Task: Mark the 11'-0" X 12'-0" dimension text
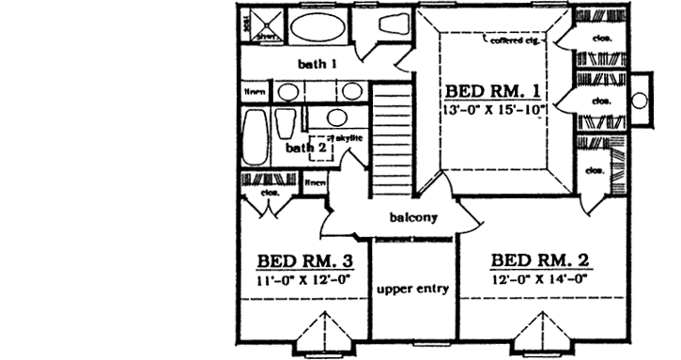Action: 302,278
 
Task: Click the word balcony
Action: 411,219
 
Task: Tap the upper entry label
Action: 412,288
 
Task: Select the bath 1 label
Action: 317,64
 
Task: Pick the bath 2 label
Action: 306,147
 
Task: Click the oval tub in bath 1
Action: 316,27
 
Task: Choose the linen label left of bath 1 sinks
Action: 255,92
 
